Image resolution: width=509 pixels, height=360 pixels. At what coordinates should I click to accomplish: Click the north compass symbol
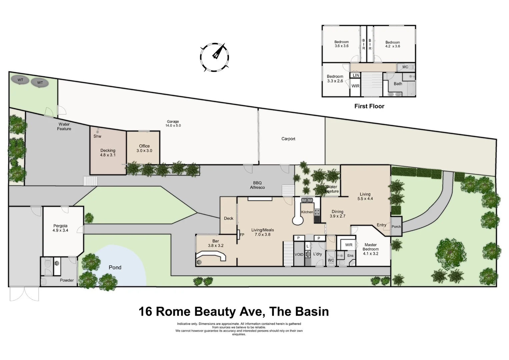pyautogui.click(x=215, y=57)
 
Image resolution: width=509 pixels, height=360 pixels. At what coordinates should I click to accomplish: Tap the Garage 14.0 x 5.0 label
pyautogui.click(x=173, y=124)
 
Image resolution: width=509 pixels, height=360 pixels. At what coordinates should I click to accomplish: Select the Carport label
pyautogui.click(x=288, y=139)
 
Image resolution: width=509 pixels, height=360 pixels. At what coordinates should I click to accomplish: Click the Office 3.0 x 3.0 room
pyautogui.click(x=144, y=148)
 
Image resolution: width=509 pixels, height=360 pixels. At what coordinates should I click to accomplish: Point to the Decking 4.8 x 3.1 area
pyautogui.click(x=108, y=153)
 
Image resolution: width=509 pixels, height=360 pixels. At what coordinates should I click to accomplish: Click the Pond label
pyautogui.click(x=115, y=267)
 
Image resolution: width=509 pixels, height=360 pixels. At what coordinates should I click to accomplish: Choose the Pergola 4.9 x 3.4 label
pyautogui.click(x=60, y=228)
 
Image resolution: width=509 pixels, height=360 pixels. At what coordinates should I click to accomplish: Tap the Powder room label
pyautogui.click(x=67, y=280)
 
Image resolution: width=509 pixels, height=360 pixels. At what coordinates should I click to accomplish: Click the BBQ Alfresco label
pyautogui.click(x=257, y=185)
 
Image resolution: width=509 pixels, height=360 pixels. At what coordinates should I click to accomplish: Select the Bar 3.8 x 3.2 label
pyautogui.click(x=216, y=243)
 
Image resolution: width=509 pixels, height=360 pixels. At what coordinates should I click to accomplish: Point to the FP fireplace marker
pyautogui.click(x=242, y=235)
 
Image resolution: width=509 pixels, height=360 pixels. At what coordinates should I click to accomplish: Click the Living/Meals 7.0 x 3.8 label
pyautogui.click(x=263, y=232)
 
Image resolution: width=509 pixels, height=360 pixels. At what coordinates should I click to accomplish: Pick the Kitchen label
pyautogui.click(x=307, y=212)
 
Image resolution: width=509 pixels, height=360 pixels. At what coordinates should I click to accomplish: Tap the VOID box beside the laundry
pyautogui.click(x=299, y=255)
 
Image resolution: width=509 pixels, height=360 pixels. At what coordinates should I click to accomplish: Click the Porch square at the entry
pyautogui.click(x=396, y=227)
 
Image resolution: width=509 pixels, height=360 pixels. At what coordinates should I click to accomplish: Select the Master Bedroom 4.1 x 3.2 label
pyautogui.click(x=371, y=249)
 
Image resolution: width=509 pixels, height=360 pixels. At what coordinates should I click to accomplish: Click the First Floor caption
pyautogui.click(x=369, y=106)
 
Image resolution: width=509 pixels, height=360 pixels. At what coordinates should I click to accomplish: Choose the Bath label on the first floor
pyautogui.click(x=398, y=84)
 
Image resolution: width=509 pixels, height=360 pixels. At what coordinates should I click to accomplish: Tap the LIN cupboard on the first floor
pyautogui.click(x=356, y=75)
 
